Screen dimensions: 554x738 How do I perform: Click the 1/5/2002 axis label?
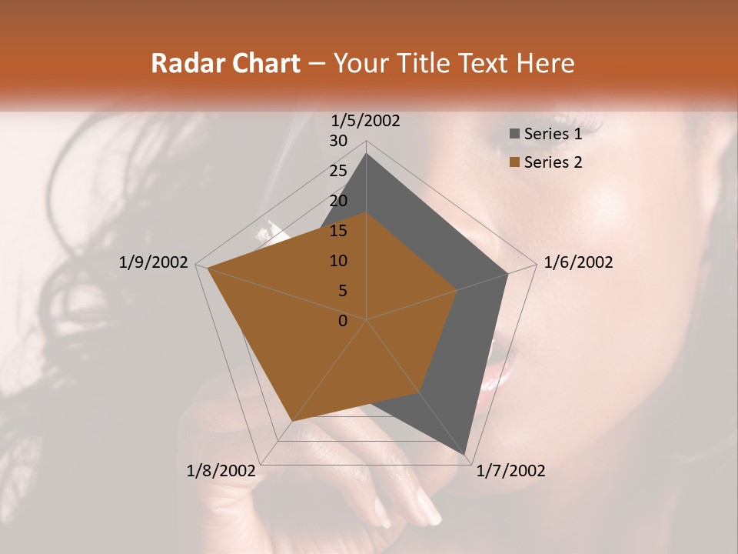click(x=365, y=120)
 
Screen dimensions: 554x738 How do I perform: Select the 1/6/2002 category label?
click(x=578, y=262)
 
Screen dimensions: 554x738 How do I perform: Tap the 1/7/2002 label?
click(x=510, y=471)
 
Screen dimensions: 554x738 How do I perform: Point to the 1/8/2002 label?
click(x=221, y=471)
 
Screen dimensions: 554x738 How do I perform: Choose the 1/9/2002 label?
click(x=154, y=262)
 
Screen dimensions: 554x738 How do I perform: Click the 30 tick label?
click(x=338, y=141)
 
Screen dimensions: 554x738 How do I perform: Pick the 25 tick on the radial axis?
click(x=338, y=171)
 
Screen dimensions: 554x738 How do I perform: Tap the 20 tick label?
click(x=338, y=201)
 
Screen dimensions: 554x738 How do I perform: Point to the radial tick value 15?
click(x=338, y=231)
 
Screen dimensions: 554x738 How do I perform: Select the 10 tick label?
click(x=338, y=261)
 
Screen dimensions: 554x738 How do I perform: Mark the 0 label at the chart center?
click(x=343, y=321)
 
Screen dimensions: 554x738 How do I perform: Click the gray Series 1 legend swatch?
click(x=515, y=134)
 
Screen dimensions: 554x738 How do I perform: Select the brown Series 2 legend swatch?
click(x=515, y=162)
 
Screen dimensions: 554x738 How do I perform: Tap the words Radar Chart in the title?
click(x=225, y=63)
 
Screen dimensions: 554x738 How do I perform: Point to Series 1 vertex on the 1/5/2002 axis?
click(x=366, y=154)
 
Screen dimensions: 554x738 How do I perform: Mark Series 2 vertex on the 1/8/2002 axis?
click(x=291, y=422)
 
